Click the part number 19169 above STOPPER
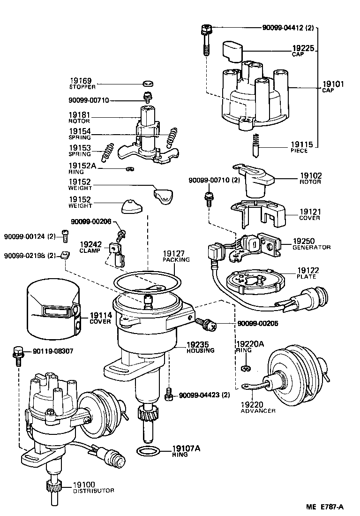click(x=81, y=81)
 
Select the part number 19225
click(x=303, y=48)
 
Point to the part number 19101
click(x=333, y=84)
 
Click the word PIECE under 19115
click(x=299, y=151)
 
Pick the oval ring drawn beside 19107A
click(x=148, y=451)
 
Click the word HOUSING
click(x=200, y=350)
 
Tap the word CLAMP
click(x=90, y=251)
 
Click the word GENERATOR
click(x=311, y=247)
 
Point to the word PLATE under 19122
click(x=306, y=276)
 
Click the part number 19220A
click(x=250, y=344)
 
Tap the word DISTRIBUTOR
click(x=93, y=491)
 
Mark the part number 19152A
click(x=82, y=166)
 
